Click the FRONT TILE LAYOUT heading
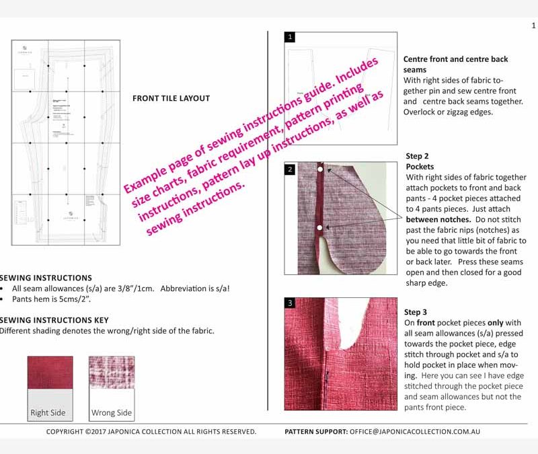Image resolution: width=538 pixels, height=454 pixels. click(x=171, y=98)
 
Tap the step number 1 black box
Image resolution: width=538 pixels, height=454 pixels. click(x=290, y=37)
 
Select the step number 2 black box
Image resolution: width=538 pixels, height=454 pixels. click(x=290, y=169)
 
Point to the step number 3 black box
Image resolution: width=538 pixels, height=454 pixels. click(x=290, y=303)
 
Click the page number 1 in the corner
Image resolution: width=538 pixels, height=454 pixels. click(x=533, y=26)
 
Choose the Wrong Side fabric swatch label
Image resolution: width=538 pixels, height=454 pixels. click(x=112, y=413)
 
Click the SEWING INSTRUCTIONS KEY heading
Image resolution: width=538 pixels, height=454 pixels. click(x=54, y=320)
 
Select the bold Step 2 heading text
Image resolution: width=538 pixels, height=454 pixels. click(x=418, y=156)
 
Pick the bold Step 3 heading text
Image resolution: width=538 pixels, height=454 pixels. click(x=416, y=312)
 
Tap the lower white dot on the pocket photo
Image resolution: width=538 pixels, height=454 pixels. click(x=319, y=228)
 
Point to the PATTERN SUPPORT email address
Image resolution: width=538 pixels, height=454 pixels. click(x=414, y=432)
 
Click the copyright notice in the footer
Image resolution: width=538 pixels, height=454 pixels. click(x=151, y=432)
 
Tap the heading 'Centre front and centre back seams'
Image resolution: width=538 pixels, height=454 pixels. click(x=455, y=64)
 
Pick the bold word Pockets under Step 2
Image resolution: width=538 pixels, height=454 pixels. click(x=420, y=166)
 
